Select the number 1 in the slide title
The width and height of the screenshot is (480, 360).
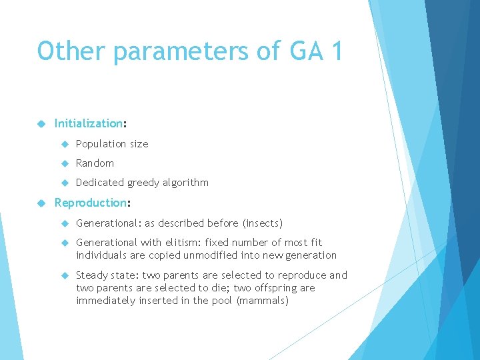point(335,51)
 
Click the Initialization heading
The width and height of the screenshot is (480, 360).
point(89,123)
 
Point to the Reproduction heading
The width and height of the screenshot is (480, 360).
point(90,203)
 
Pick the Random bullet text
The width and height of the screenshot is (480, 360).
point(95,163)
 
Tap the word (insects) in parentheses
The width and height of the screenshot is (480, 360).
point(263,223)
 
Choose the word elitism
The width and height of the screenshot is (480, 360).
point(180,243)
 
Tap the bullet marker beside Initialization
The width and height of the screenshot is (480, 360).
point(41,123)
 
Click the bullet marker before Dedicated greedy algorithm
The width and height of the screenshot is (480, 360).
point(65,183)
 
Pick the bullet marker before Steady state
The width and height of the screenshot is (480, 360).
point(65,275)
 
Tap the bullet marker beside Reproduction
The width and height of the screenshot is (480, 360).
point(41,203)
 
